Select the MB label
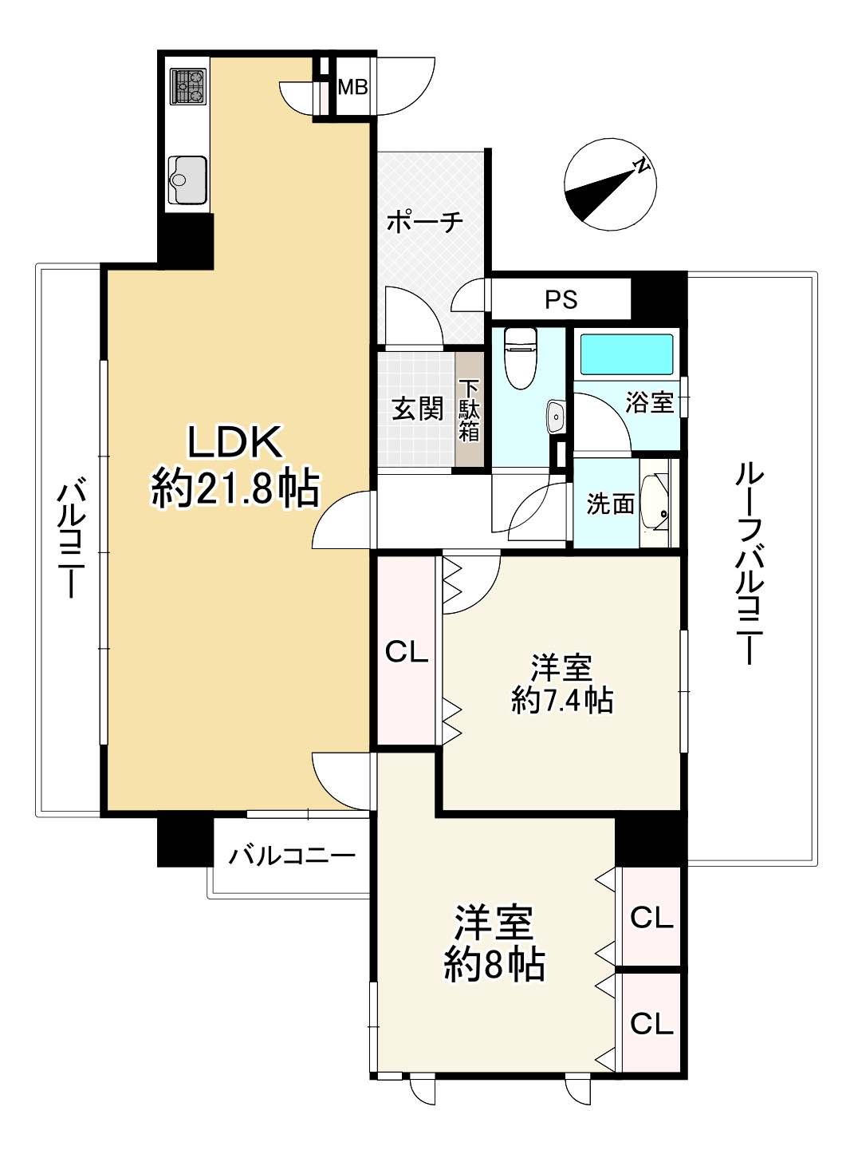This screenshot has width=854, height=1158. [x=352, y=86]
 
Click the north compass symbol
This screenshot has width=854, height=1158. [x=610, y=184]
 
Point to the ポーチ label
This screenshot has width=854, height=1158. [x=425, y=222]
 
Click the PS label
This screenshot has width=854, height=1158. [x=561, y=299]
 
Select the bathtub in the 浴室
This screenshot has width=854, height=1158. [x=627, y=354]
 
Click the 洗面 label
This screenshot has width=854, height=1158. [x=610, y=504]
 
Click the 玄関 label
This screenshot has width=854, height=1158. [x=416, y=409]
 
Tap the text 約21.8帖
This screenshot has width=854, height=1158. [x=235, y=488]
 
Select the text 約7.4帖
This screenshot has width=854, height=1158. [x=562, y=700]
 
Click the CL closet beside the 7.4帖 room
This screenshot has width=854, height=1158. [x=407, y=652]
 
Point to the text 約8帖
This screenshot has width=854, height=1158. [x=494, y=965]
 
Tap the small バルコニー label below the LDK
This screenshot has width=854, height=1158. [x=292, y=857]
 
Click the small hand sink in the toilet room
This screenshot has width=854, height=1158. [x=556, y=416]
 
